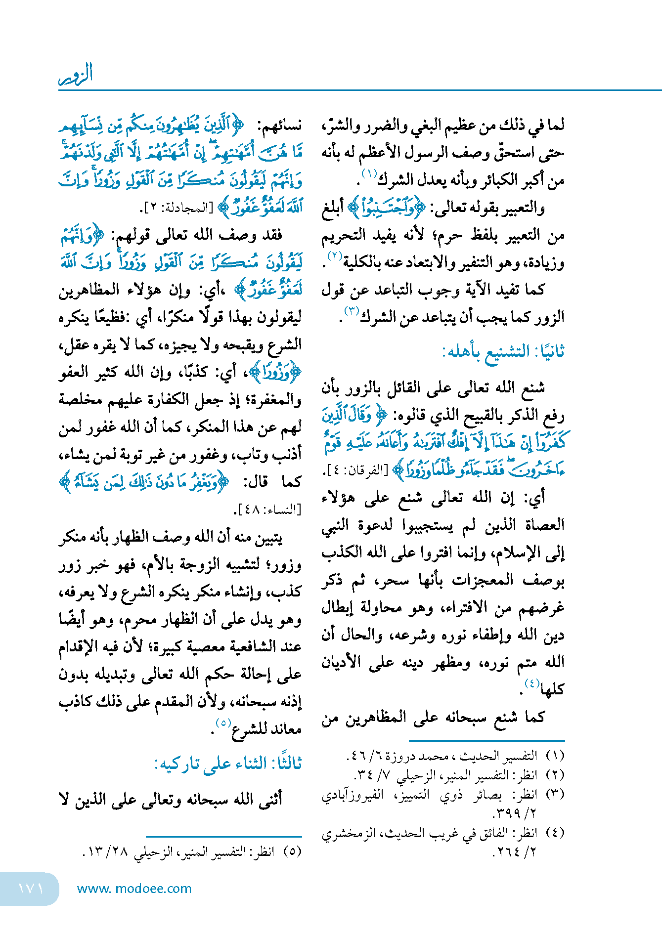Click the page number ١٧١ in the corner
point(31,889)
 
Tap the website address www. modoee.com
point(134,889)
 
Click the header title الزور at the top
point(76,75)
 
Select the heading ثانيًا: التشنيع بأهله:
point(503,352)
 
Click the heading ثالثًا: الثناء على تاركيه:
point(228,763)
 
